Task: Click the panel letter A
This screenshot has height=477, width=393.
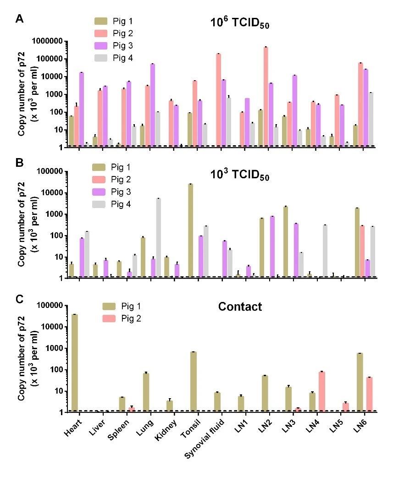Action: pos(19,19)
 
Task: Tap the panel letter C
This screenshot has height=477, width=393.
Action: pos(19,299)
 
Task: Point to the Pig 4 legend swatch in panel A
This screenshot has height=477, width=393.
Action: pos(101,58)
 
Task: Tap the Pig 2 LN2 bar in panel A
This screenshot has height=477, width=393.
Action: pos(266,97)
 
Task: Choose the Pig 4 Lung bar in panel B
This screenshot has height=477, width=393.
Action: pos(158,238)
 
